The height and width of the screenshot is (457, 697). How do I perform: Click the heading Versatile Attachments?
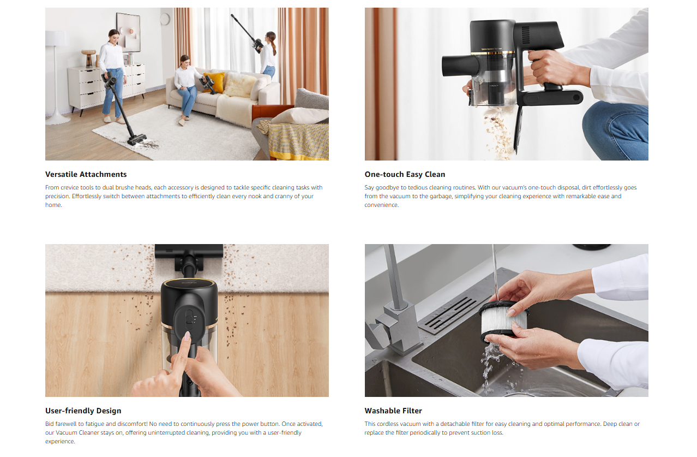pos(86,174)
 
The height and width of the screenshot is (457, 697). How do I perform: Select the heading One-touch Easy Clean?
pos(405,174)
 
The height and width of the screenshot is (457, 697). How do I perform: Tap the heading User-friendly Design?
pos(83,411)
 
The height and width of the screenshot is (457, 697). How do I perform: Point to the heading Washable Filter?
pos(393,411)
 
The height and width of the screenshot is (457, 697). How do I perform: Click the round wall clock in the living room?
pos(165,19)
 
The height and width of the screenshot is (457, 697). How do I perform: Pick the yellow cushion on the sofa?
pos(214,82)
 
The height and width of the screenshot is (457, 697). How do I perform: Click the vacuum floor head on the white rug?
pos(137,140)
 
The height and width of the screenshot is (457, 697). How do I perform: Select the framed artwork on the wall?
pos(128,32)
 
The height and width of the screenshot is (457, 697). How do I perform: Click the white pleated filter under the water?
pos(503,321)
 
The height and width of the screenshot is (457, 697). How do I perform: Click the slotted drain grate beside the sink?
pos(455,314)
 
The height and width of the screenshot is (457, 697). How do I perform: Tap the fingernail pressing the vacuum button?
pos(187,335)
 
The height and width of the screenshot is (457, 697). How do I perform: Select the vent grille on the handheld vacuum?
pos(526,35)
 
